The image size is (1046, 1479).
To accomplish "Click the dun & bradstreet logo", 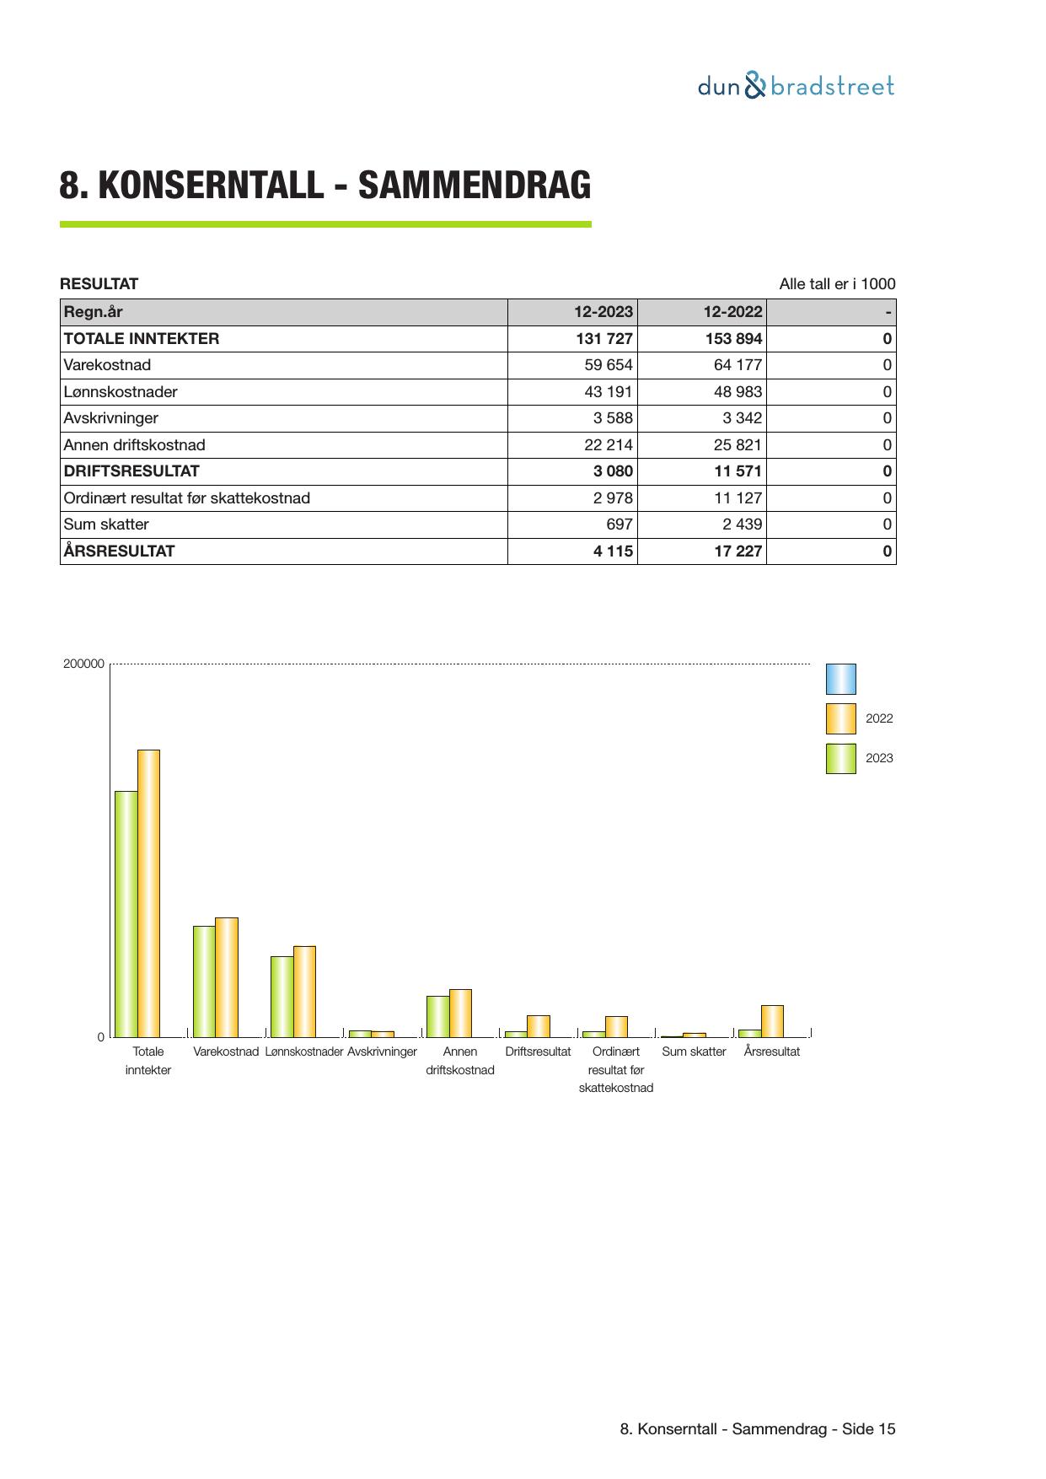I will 795,86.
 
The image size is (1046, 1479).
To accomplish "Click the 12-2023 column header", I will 603,312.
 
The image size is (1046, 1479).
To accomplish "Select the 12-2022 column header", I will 732,312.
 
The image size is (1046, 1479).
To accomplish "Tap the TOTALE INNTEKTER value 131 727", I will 603,339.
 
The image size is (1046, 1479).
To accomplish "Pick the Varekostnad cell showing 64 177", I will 737,365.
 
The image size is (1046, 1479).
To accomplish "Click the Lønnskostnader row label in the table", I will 121,392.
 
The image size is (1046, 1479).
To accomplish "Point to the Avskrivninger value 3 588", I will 613,418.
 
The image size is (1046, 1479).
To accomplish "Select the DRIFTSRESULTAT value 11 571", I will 738,471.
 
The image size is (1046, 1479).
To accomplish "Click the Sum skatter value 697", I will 619,524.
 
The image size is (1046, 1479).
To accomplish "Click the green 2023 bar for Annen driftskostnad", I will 437,1016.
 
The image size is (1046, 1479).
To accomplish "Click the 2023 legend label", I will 879,758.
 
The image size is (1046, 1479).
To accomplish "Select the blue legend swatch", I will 840,679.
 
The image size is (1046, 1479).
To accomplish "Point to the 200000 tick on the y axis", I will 83,664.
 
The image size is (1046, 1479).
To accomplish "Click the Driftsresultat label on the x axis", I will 538,1051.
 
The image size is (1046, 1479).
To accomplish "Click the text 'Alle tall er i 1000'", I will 837,284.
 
